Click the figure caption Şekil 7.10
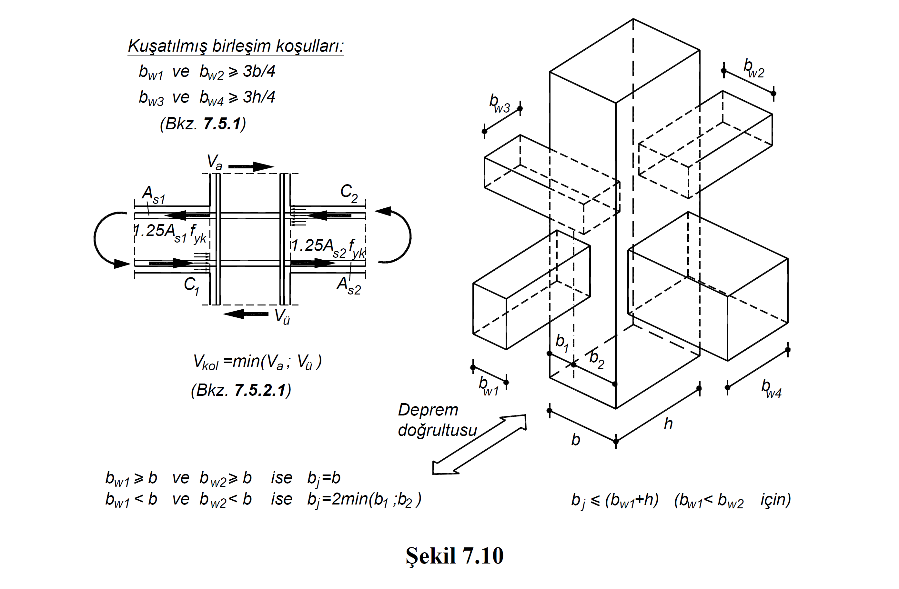(454, 556)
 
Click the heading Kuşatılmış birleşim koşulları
(235, 46)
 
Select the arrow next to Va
(251, 166)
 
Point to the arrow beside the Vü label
(246, 314)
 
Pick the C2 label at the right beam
(348, 193)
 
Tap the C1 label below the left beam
(191, 285)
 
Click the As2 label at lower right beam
(348, 285)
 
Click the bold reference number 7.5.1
(222, 124)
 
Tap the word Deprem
(428, 410)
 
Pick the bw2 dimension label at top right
(753, 68)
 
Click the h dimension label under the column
(668, 424)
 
